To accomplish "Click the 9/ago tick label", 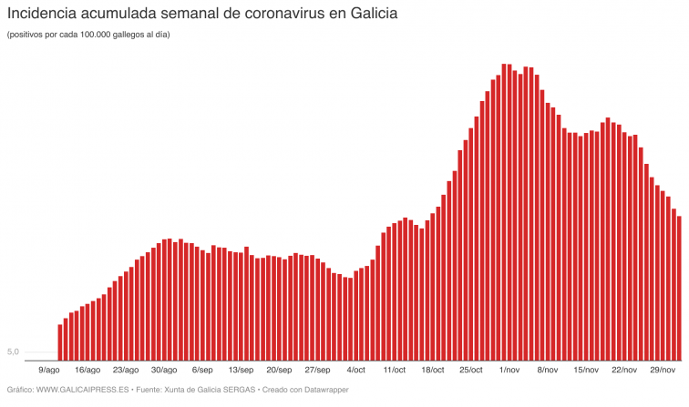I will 49,371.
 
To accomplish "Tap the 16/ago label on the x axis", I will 87,371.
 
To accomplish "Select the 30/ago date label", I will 164,371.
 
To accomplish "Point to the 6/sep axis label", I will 202,371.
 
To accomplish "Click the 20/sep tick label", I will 279,371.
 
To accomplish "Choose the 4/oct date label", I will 355,371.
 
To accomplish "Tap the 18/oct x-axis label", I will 432,371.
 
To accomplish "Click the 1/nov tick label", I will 509,371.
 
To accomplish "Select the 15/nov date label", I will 586,371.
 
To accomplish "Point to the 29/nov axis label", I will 663,371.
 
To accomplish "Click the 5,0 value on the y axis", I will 13,351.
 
